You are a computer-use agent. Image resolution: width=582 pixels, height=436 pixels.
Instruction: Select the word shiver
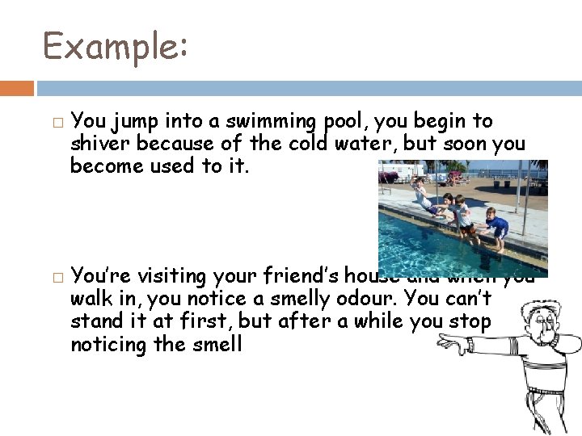[101, 144]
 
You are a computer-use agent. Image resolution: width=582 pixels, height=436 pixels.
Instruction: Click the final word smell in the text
[218, 344]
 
